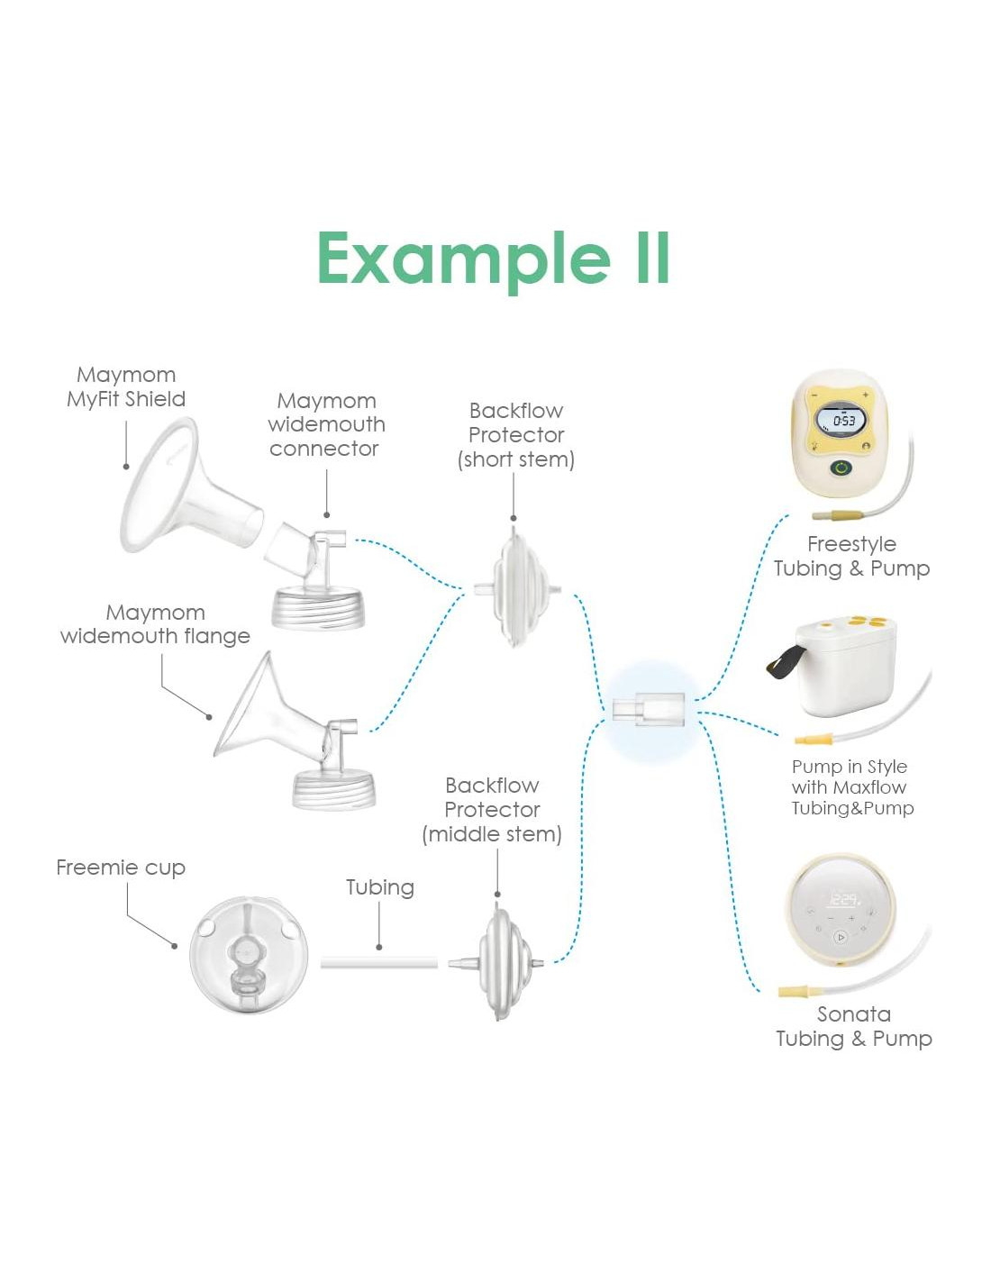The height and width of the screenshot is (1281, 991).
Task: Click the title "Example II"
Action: pyautogui.click(x=494, y=259)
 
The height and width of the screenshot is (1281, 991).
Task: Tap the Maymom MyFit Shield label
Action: pyautogui.click(x=126, y=387)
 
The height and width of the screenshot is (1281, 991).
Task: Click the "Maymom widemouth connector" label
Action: pyautogui.click(x=326, y=424)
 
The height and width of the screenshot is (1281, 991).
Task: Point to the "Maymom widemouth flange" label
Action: pyautogui.click(x=155, y=624)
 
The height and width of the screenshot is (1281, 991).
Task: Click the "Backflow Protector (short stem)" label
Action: pyautogui.click(x=516, y=435)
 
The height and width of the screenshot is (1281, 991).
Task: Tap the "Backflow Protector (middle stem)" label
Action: pyautogui.click(x=492, y=810)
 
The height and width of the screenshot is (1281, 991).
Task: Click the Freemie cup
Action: pyautogui.click(x=249, y=956)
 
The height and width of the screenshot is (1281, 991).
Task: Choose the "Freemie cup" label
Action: pyautogui.click(x=121, y=868)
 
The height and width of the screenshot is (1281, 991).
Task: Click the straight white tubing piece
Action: pyautogui.click(x=378, y=963)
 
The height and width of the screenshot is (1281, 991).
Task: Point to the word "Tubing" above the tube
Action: pyautogui.click(x=380, y=887)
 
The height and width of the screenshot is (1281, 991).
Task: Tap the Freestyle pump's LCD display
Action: pyautogui.click(x=841, y=421)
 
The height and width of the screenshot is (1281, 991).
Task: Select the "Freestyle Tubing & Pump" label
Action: pyautogui.click(x=851, y=556)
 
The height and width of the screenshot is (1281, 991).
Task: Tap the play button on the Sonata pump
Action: pyautogui.click(x=841, y=937)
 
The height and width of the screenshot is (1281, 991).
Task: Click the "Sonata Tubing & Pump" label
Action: pyautogui.click(x=854, y=1026)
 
